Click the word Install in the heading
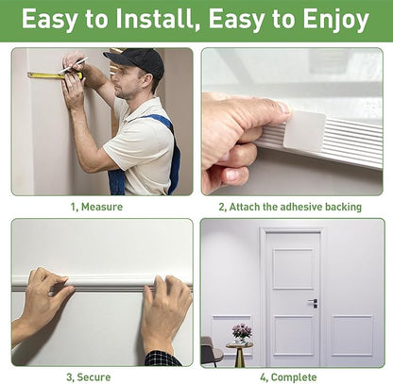tap(158, 19)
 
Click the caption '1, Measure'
tap(96, 207)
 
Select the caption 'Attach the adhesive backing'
tap(296, 207)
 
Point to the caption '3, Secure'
tap(89, 376)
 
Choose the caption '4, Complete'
tap(288, 377)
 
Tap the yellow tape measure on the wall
tap(55, 75)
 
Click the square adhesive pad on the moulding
tap(304, 131)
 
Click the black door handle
tap(314, 303)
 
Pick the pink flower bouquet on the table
tap(242, 331)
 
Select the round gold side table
tap(239, 353)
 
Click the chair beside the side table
tap(211, 352)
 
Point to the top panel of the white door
tap(293, 269)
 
